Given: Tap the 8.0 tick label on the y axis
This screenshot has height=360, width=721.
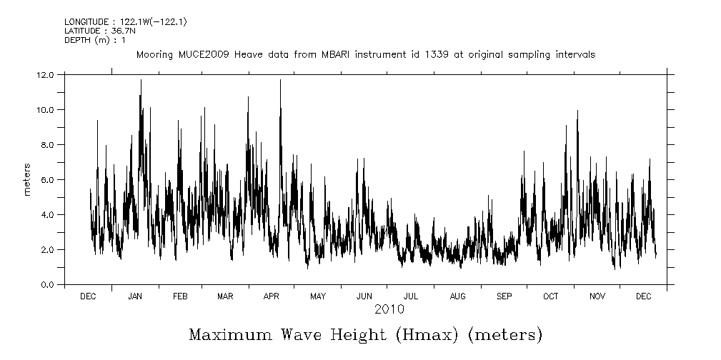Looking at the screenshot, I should pyautogui.click(x=46, y=144).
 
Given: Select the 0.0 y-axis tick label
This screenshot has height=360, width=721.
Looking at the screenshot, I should pyautogui.click(x=46, y=284).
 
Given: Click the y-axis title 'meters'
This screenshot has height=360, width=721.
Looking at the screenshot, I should pyautogui.click(x=27, y=179).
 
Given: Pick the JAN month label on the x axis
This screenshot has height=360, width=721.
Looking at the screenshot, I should pyautogui.click(x=134, y=296).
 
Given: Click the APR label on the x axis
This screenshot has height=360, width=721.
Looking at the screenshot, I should pyautogui.click(x=272, y=296).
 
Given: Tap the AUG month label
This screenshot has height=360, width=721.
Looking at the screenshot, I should pyautogui.click(x=458, y=296).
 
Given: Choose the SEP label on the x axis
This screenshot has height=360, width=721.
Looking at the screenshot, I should pyautogui.click(x=504, y=296).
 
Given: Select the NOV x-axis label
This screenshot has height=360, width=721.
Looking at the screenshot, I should pyautogui.click(x=597, y=296).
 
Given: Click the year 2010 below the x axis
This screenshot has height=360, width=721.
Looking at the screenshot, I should pyautogui.click(x=389, y=309).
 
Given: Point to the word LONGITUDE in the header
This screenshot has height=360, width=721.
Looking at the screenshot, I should pyautogui.click(x=86, y=22).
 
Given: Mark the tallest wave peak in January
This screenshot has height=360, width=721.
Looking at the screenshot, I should pyautogui.click(x=141, y=80).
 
